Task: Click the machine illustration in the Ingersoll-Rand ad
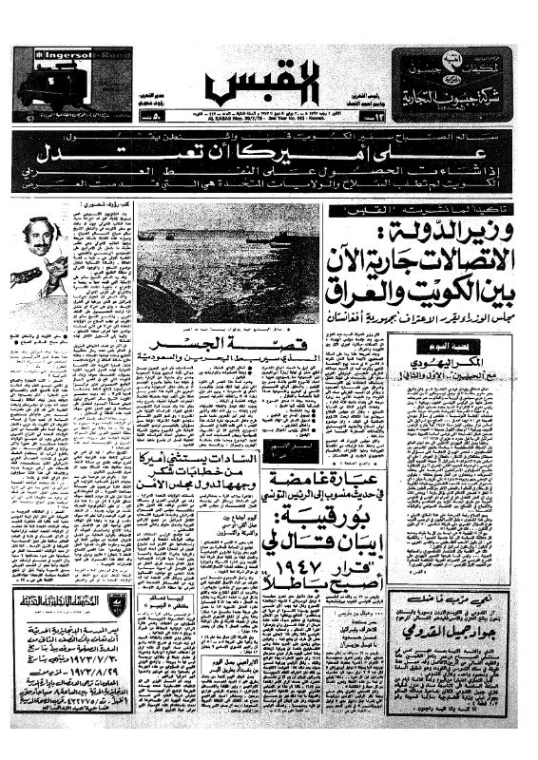click(x=49, y=88)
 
